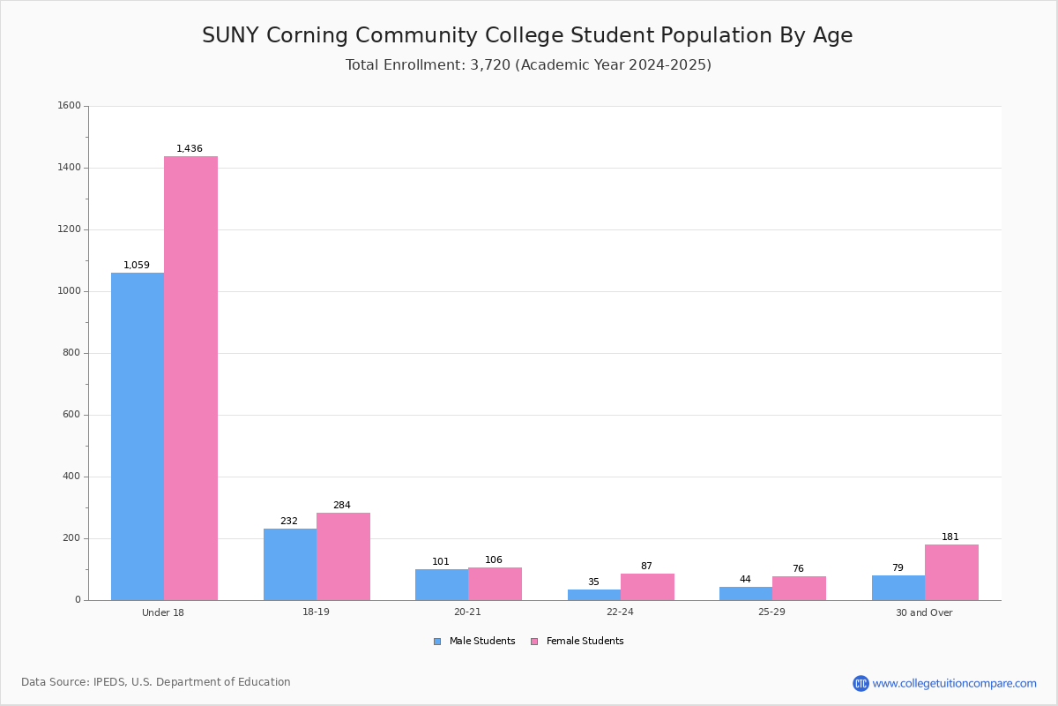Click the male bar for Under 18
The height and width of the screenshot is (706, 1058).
tap(138, 436)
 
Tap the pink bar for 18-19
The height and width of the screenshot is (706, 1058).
tap(343, 556)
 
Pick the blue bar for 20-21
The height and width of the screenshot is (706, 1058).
tap(442, 584)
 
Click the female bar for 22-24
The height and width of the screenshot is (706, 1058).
tap(647, 587)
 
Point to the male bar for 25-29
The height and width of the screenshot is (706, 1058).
tap(746, 593)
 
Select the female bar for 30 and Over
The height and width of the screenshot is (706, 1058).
tap(951, 572)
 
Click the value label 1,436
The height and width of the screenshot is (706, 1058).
tap(190, 149)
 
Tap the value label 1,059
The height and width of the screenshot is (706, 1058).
tap(137, 266)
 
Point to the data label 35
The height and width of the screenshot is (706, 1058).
tap(593, 582)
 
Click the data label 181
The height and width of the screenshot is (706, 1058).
tap(950, 537)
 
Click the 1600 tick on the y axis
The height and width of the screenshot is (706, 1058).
tap(69, 106)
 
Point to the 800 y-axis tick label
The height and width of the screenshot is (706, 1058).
tap(71, 353)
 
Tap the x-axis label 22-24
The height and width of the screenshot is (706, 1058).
tap(620, 612)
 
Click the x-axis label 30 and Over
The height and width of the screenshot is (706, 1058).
tap(924, 612)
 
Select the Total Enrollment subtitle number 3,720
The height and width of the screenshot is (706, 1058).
tap(490, 65)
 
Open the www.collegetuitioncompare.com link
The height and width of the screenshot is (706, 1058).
tap(954, 683)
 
